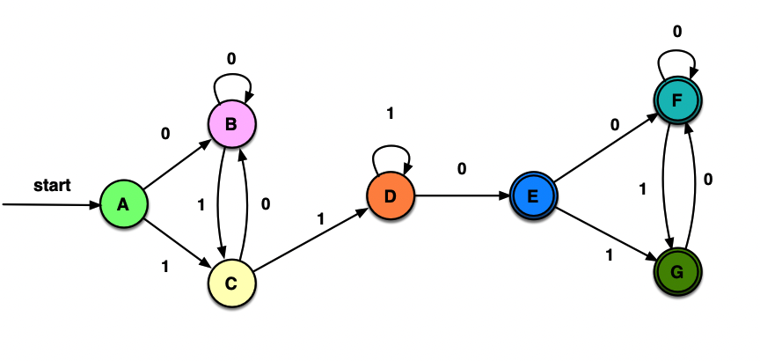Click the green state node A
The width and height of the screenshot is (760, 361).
[x=123, y=204]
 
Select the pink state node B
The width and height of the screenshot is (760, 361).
[x=231, y=124]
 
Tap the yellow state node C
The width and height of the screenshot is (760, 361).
[x=231, y=283]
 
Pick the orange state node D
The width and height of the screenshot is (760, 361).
[x=391, y=195]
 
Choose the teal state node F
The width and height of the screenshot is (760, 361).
[x=677, y=100]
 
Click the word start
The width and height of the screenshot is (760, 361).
[x=52, y=185]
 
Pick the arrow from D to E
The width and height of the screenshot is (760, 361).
[x=463, y=195]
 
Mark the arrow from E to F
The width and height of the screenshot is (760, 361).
[x=605, y=147]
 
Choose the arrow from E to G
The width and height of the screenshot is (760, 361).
[x=606, y=234]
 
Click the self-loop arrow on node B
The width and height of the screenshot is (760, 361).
[x=232, y=81]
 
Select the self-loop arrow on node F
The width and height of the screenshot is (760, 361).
[x=677, y=57]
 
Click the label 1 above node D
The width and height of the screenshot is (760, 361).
[x=390, y=114]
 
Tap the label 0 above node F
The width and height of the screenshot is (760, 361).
[x=677, y=32]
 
